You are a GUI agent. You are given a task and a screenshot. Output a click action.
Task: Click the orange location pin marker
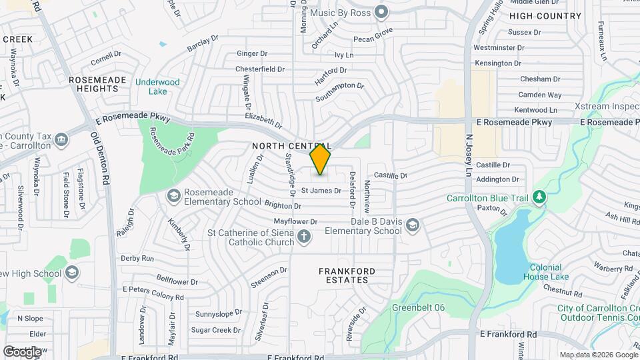coord(321,159)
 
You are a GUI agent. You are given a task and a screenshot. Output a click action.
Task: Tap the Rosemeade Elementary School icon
coord(174,195)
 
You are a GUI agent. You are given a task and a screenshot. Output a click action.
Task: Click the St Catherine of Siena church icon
coord(304,237)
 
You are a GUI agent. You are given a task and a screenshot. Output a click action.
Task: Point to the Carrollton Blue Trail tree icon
coord(539,197)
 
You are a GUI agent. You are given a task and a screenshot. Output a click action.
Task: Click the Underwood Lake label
coord(157,87)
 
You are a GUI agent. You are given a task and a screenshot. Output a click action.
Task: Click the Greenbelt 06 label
coord(418,307)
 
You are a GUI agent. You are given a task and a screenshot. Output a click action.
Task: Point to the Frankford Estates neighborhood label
coord(347,275)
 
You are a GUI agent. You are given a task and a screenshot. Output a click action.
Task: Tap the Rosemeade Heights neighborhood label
coord(97,84)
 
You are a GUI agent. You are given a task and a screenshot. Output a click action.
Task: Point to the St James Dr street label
coord(321,191)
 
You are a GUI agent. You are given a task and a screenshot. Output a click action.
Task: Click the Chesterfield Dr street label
coord(260,69)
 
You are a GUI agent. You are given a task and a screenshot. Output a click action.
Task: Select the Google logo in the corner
coord(22,351)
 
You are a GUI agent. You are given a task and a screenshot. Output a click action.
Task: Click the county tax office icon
coord(61,139)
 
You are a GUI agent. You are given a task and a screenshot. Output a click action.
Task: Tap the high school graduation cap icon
coord(72,273)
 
